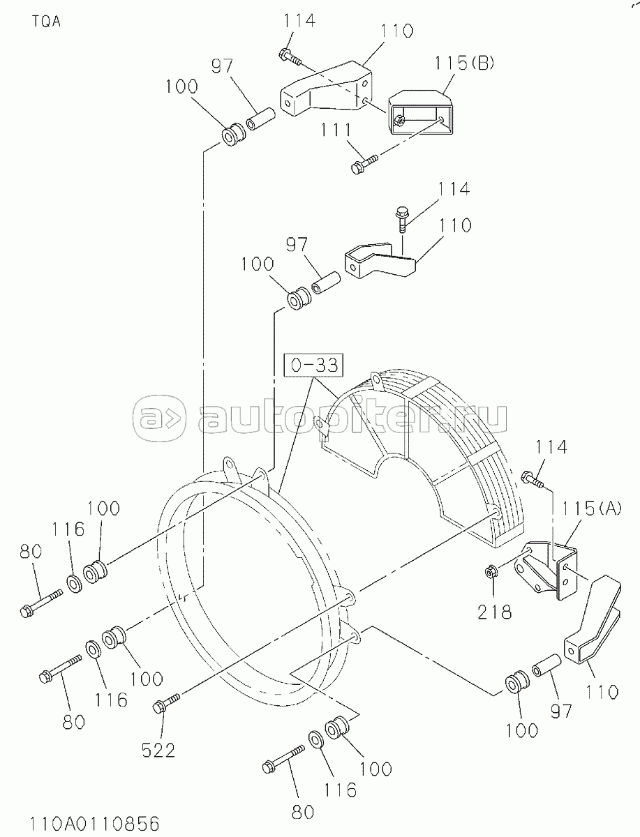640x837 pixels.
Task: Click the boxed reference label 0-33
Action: (314, 365)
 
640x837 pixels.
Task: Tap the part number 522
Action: (158, 751)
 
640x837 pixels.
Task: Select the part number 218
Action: (494, 612)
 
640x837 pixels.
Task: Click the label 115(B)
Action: (464, 63)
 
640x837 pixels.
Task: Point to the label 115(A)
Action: (592, 508)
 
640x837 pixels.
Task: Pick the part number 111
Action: (336, 130)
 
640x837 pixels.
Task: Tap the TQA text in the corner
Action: (47, 22)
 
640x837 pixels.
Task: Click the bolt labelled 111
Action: (364, 163)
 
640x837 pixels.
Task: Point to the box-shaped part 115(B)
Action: (421, 112)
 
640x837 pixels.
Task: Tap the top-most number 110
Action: (396, 31)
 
